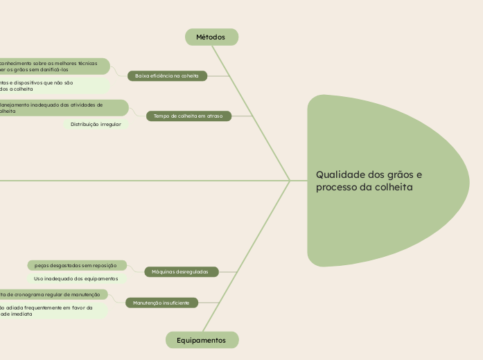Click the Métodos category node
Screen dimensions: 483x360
[x=211, y=37]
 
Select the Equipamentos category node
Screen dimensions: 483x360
[x=202, y=340]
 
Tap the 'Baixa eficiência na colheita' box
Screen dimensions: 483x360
[x=167, y=75]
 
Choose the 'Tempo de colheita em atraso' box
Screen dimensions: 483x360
[x=188, y=116]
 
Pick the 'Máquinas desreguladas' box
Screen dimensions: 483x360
[x=180, y=272]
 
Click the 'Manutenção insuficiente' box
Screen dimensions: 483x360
[x=161, y=303]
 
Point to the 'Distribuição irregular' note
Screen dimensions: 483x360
[x=96, y=125]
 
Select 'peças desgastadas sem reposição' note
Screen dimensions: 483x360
[x=76, y=265]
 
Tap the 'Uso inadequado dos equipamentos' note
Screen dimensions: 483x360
[x=76, y=278]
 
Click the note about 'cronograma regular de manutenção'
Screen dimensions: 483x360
[x=52, y=294]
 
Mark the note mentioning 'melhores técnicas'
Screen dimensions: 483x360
[x=52, y=66]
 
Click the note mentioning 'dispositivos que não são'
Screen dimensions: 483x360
[x=49, y=85]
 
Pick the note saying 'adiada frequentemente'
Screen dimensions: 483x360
[x=49, y=311]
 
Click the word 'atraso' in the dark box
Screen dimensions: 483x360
[x=213, y=116]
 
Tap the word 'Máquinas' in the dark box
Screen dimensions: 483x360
[x=164, y=272]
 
